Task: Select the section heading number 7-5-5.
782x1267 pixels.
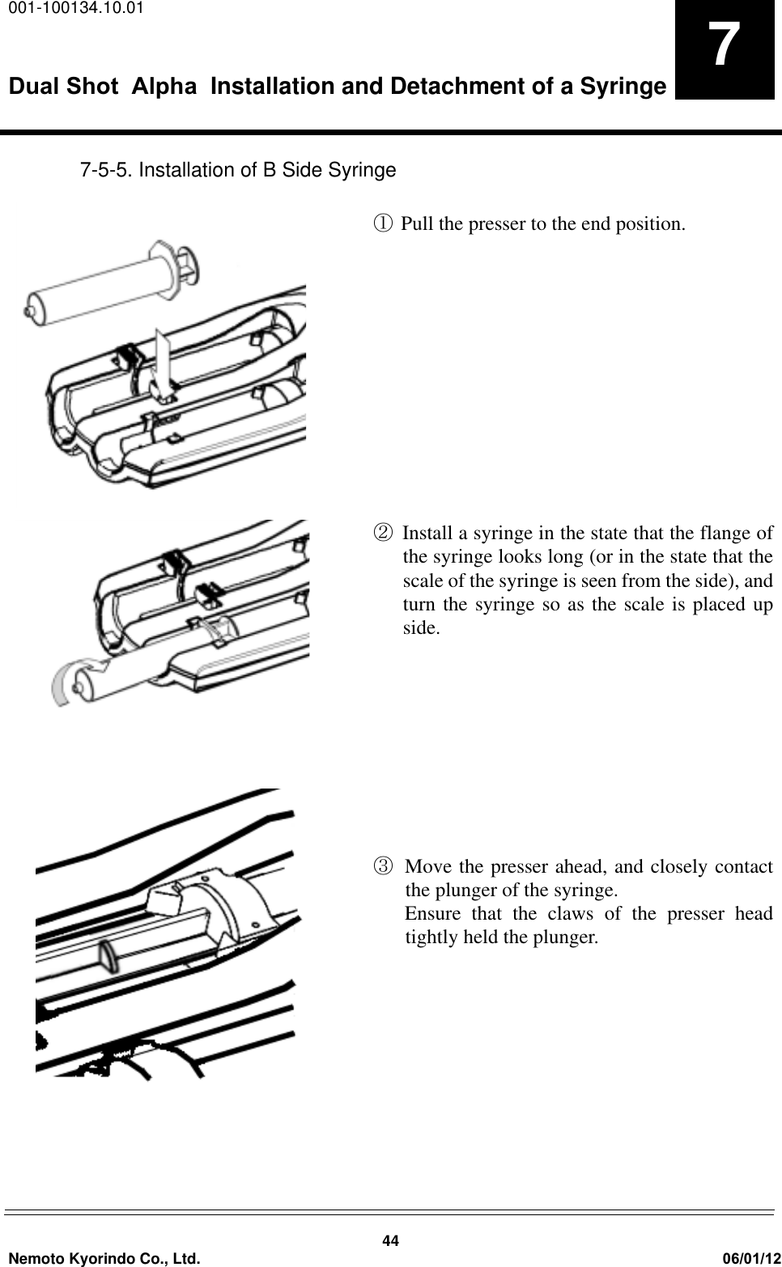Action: (106, 171)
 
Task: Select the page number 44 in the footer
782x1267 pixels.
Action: (391, 1241)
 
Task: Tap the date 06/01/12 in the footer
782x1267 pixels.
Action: (750, 1257)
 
